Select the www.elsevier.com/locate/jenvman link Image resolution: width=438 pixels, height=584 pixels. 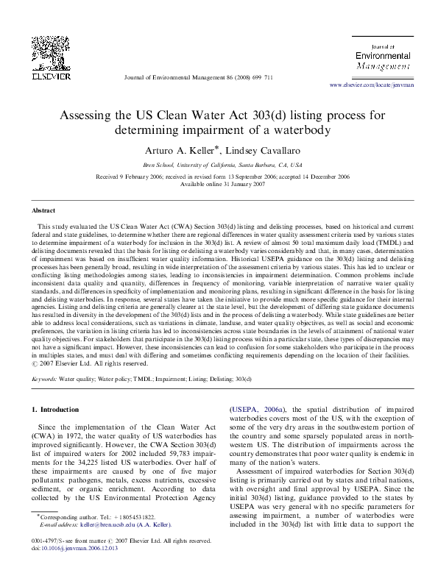(372, 86)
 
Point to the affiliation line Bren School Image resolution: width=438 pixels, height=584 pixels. (219, 165)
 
